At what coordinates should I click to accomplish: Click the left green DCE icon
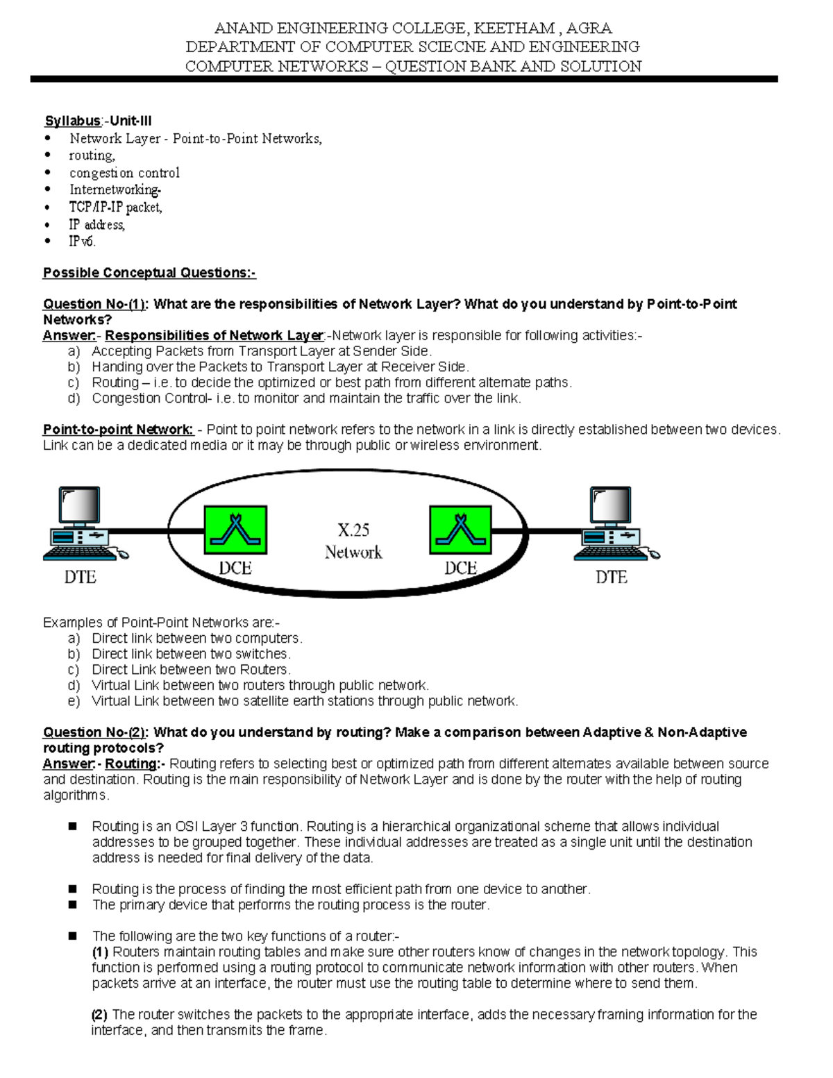pyautogui.click(x=235, y=530)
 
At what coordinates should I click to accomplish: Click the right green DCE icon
pyautogui.click(x=460, y=530)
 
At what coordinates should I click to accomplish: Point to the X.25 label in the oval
pyautogui.click(x=353, y=531)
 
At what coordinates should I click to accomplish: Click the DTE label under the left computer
pyautogui.click(x=81, y=577)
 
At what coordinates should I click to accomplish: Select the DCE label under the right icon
pyautogui.click(x=460, y=569)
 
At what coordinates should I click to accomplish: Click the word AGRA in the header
pyautogui.click(x=589, y=28)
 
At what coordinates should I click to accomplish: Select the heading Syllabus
pyautogui.click(x=73, y=121)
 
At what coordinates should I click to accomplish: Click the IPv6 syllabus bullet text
pyautogui.click(x=82, y=242)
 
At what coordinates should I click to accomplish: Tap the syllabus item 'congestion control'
pyautogui.click(x=124, y=173)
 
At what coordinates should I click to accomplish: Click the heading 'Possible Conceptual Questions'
pyautogui.click(x=149, y=273)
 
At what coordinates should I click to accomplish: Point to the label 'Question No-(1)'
pyautogui.click(x=96, y=304)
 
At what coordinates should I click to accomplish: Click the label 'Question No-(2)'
pyautogui.click(x=96, y=732)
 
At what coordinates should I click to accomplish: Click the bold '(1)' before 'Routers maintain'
pyautogui.click(x=100, y=952)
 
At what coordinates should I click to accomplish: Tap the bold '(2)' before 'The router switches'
pyautogui.click(x=99, y=1015)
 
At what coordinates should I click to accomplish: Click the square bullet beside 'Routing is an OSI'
pyautogui.click(x=72, y=826)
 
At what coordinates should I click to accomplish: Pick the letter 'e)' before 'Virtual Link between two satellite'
pyautogui.click(x=74, y=701)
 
